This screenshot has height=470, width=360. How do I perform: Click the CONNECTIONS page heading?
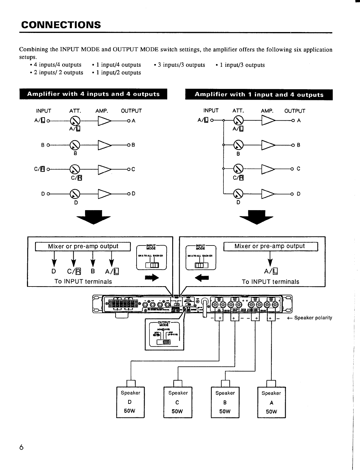(x=61, y=25)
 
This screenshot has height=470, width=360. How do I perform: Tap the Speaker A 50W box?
(x=271, y=402)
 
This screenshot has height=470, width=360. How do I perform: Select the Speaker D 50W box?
(x=130, y=402)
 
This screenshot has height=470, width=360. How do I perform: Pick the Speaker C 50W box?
(x=178, y=402)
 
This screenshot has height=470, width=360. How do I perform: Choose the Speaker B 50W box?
(x=225, y=402)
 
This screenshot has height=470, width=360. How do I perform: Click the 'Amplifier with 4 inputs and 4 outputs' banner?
(x=93, y=94)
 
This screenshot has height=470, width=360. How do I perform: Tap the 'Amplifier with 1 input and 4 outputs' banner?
(x=259, y=95)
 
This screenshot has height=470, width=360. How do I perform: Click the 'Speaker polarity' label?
(x=313, y=318)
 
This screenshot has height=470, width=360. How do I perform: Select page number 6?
(x=21, y=448)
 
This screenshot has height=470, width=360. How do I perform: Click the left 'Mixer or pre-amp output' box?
(x=83, y=246)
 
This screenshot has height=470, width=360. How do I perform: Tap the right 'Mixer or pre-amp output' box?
(x=270, y=246)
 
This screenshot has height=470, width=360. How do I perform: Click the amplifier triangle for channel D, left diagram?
(x=104, y=194)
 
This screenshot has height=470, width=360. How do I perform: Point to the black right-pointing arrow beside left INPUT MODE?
(x=152, y=278)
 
